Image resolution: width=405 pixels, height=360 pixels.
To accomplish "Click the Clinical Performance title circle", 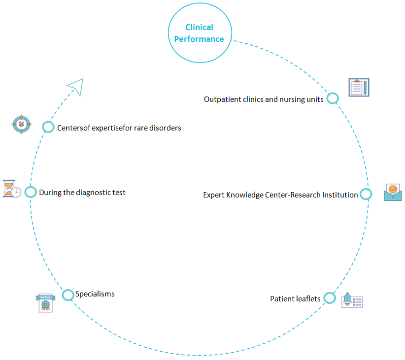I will pyautogui.click(x=199, y=33).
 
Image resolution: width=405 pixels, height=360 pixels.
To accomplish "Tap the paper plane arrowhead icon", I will pyautogui.click(x=76, y=86).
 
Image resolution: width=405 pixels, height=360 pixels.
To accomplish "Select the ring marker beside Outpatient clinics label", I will pyautogui.click(x=333, y=98).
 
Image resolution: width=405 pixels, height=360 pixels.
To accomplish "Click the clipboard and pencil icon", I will pyautogui.click(x=359, y=88).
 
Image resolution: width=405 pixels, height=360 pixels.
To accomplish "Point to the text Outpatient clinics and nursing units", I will pyautogui.click(x=264, y=99).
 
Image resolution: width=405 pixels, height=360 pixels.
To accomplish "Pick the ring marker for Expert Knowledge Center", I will pyautogui.click(x=366, y=194).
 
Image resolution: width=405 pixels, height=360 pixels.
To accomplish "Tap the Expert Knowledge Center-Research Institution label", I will pyautogui.click(x=280, y=195).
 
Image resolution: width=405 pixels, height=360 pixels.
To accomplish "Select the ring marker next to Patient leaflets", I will pyautogui.click(x=330, y=298).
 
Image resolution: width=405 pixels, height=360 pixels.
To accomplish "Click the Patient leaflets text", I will pyautogui.click(x=295, y=299).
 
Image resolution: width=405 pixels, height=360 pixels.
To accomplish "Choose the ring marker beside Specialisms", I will pyautogui.click(x=67, y=295).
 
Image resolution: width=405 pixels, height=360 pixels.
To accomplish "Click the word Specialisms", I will pyautogui.click(x=95, y=294).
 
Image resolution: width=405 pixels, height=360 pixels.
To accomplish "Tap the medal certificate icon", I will pyautogui.click(x=46, y=303).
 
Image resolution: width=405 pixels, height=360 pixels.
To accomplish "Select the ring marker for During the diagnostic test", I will pyautogui.click(x=31, y=192).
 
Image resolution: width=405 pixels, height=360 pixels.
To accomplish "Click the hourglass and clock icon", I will pyautogui.click(x=12, y=189).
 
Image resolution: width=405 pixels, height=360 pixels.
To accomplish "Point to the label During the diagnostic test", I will pyautogui.click(x=82, y=193).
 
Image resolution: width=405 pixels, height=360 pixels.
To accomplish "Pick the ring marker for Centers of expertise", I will pyautogui.click(x=48, y=127).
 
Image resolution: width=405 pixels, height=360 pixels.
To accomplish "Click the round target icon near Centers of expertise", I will pyautogui.click(x=21, y=124).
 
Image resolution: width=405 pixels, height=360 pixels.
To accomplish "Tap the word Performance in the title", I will pyautogui.click(x=199, y=39).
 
